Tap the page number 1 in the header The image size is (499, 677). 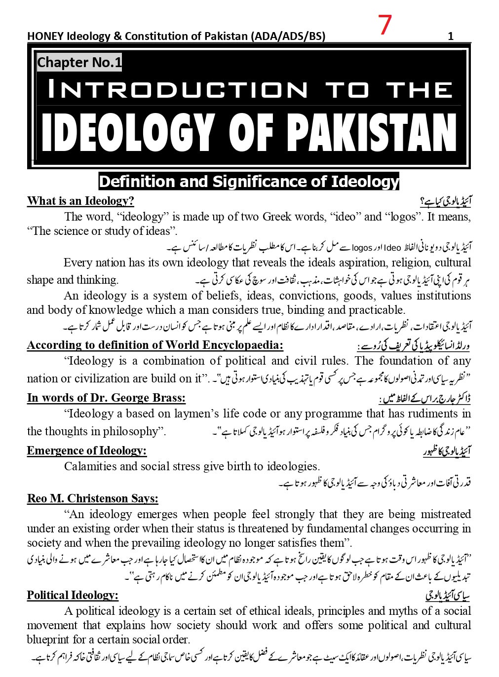click(451, 36)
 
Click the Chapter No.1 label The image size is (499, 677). click(79, 63)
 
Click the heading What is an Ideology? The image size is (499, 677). click(80, 201)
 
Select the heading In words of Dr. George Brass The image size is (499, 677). click(106, 398)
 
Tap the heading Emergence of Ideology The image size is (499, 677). click(87, 451)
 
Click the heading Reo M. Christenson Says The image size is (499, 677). click(93, 498)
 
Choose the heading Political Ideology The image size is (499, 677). click(73, 595)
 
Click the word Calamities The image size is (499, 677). click(89, 466)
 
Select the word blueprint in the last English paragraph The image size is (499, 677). click(49, 640)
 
